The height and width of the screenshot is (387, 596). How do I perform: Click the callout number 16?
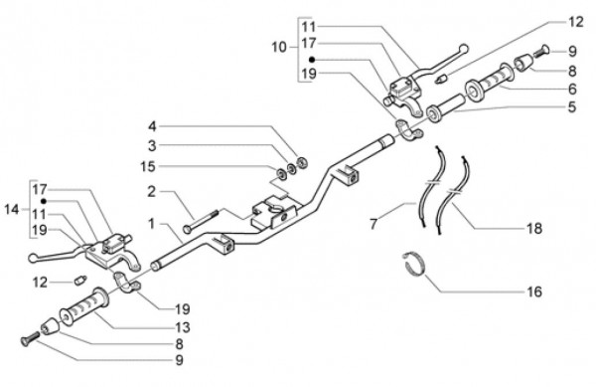(x=534, y=291)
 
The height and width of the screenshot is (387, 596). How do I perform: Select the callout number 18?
(x=534, y=228)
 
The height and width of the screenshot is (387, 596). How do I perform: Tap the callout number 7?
(x=374, y=224)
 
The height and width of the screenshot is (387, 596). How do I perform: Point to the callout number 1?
(x=152, y=224)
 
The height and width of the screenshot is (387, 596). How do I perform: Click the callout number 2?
(x=152, y=191)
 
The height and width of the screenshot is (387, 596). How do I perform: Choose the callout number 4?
(x=152, y=126)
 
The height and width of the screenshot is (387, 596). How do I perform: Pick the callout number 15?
(x=148, y=167)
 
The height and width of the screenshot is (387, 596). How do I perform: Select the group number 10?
(x=279, y=48)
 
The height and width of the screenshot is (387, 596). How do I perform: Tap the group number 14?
(x=11, y=209)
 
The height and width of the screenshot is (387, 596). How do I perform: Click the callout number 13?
(x=183, y=327)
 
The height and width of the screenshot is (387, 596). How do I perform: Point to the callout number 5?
(x=572, y=107)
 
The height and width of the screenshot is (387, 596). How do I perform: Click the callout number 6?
(x=572, y=90)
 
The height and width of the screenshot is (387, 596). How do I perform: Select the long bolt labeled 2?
(x=201, y=221)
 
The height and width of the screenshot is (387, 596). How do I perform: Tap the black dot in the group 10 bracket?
(x=312, y=60)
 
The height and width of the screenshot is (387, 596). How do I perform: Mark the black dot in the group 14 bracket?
(x=44, y=201)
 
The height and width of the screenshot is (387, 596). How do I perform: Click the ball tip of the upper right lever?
(x=464, y=49)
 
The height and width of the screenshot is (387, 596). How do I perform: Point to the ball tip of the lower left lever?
(x=33, y=259)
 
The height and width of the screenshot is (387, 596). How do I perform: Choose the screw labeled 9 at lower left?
(x=29, y=339)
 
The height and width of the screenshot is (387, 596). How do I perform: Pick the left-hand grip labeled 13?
(x=84, y=306)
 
